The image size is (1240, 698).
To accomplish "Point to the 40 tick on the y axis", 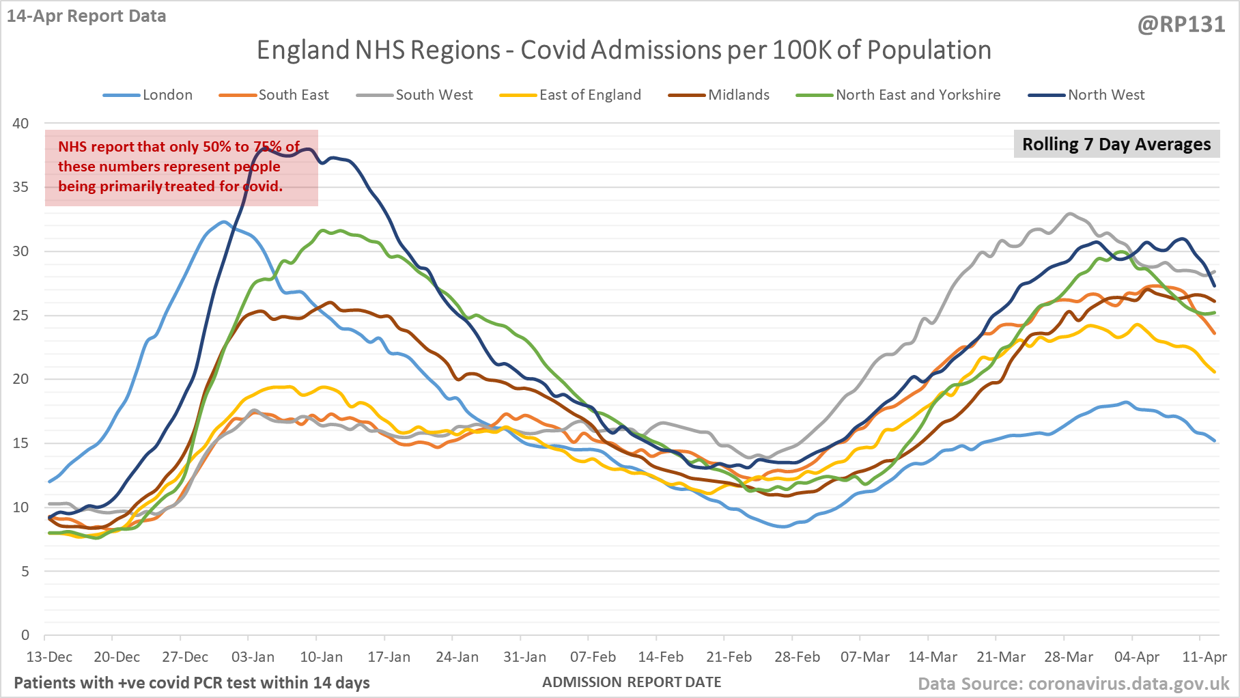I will [21, 124].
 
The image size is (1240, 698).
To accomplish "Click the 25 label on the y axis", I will [21, 316].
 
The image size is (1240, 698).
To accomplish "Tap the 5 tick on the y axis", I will [25, 572].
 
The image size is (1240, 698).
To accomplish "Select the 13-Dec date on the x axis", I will [49, 657].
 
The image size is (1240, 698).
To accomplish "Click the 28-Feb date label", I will [797, 657].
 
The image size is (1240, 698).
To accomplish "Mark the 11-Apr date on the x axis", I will [1204, 657].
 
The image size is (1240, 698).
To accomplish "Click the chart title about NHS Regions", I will [623, 51].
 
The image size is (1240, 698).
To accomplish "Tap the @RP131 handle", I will [1181, 25].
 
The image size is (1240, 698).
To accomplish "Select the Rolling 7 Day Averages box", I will [1116, 144].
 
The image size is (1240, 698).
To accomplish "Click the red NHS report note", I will [181, 167].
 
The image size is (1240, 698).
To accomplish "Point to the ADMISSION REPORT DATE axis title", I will [632, 682].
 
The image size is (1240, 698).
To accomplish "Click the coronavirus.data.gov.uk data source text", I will [1073, 684].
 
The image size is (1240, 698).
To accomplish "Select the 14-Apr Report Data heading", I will [87, 16].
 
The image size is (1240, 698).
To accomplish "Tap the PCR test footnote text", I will [192, 682].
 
